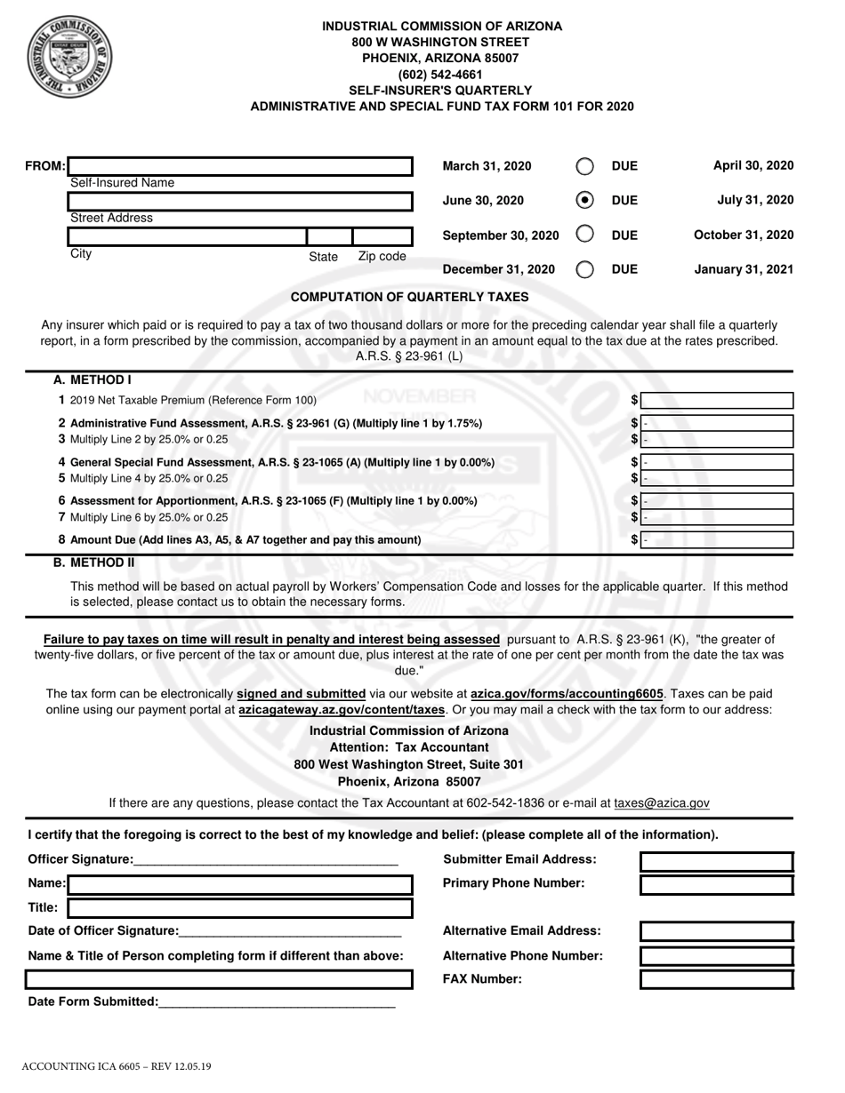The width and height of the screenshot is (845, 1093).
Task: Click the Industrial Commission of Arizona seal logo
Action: coord(69,59)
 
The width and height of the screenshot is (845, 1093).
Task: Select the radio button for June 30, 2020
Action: coord(584,200)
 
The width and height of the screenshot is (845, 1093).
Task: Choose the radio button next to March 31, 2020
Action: coord(584,166)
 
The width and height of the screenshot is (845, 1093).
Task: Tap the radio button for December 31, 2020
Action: coord(584,269)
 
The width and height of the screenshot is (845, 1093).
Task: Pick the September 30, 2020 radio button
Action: coord(584,235)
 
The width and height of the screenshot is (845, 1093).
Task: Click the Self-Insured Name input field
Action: coord(241,166)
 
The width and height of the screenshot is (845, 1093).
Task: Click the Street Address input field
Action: coord(241,201)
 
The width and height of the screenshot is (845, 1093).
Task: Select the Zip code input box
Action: coord(382,236)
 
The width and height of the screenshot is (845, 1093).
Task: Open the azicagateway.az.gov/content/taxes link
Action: coord(341,710)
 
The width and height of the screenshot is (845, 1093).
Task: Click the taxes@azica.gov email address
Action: coord(662,803)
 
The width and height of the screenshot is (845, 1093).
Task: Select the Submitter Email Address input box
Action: coord(716,861)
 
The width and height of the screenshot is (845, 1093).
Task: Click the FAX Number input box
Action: coord(716,979)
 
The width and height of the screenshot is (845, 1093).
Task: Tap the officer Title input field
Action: coord(240,908)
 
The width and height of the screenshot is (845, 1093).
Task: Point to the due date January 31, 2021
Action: coord(744,269)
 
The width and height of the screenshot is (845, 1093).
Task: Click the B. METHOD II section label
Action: coord(94,562)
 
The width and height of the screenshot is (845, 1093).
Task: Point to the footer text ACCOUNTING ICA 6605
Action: coord(117,1065)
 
